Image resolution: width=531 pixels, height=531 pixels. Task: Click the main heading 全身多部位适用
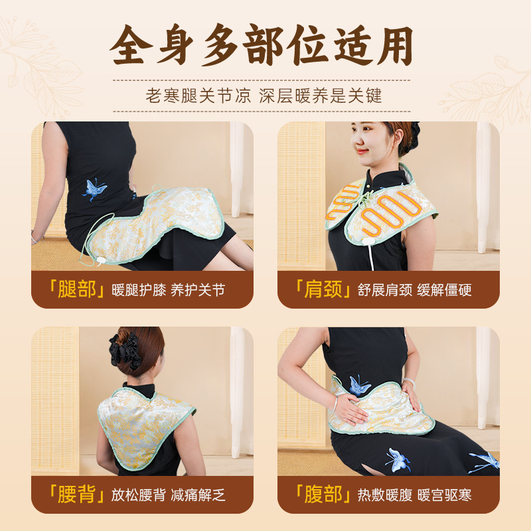point(261,45)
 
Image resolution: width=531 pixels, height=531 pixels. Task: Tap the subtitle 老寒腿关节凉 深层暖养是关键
point(264,96)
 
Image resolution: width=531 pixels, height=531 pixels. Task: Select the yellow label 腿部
point(77,289)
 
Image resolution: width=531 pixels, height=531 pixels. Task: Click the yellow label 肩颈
point(323,289)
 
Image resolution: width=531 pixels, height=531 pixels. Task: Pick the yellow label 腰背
point(76,494)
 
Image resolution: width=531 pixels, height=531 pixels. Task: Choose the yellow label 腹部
point(323,494)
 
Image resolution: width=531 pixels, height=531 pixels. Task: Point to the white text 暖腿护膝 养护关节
point(169,290)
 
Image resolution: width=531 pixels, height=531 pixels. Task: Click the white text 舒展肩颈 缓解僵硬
point(414,290)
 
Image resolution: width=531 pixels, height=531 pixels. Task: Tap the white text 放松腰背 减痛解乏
point(169,495)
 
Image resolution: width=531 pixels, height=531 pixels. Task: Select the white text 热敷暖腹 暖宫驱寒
point(414,495)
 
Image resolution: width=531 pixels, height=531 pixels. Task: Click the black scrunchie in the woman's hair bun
point(125,351)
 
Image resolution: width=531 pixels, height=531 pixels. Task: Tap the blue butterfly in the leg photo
point(94,190)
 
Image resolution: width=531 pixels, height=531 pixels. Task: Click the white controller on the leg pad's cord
point(101,260)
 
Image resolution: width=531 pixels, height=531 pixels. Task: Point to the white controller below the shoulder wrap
point(368,241)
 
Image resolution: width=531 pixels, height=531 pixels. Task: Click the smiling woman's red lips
point(362,151)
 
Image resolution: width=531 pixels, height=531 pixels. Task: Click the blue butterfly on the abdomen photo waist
point(358,386)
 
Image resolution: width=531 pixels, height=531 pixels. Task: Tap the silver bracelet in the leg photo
point(35,238)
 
